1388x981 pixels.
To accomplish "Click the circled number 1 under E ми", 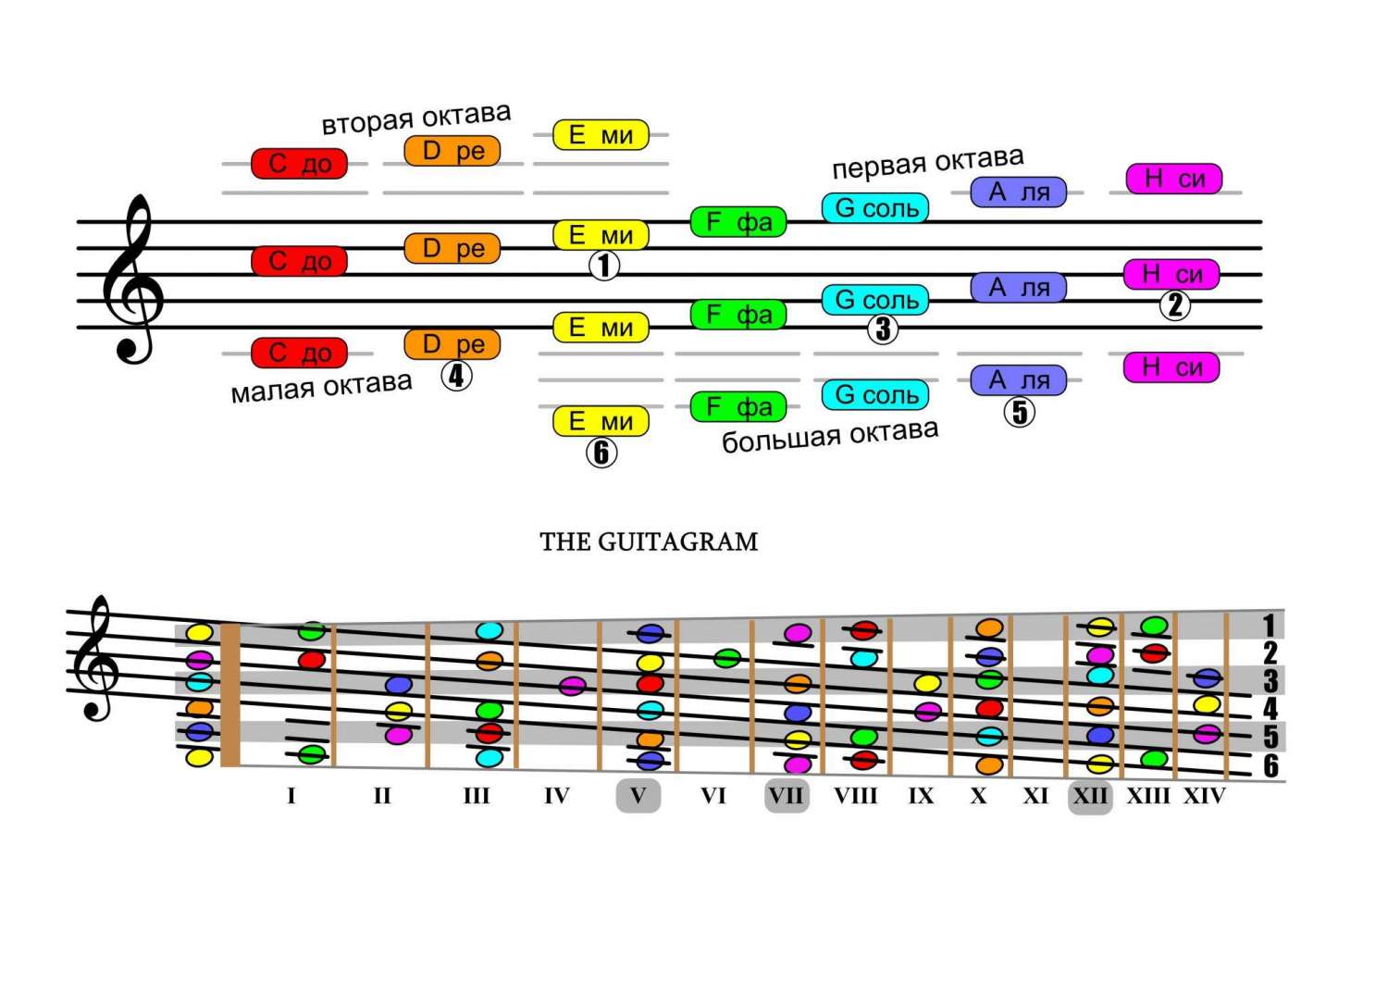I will pyautogui.click(x=604, y=267).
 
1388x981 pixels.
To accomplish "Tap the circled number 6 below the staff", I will pyautogui.click(x=601, y=453).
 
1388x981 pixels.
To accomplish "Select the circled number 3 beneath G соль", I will pyautogui.click(x=883, y=329).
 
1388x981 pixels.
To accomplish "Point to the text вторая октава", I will pyautogui.click(x=415, y=118).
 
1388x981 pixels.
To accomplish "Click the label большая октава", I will pyautogui.click(x=830, y=435).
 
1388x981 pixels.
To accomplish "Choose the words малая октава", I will pyautogui.click(x=321, y=387).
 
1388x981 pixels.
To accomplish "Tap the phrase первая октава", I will pyautogui.click(x=927, y=163).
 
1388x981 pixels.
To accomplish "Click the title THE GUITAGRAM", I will pyautogui.click(x=649, y=541).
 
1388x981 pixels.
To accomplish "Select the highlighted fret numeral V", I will pyautogui.click(x=638, y=796).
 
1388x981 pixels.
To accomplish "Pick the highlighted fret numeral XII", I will pyautogui.click(x=1090, y=796).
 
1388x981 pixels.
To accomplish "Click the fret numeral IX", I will pyautogui.click(x=921, y=796).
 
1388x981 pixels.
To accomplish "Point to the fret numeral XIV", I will pyautogui.click(x=1204, y=796).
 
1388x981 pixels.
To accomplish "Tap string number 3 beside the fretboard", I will pyautogui.click(x=1270, y=681).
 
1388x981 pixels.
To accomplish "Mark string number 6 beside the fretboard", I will pyautogui.click(x=1271, y=766).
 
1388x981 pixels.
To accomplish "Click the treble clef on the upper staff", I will pyautogui.click(x=133, y=279).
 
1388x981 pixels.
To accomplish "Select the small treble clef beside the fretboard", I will pyautogui.click(x=98, y=659).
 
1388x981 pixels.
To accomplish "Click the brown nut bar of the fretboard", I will pyautogui.click(x=229, y=695).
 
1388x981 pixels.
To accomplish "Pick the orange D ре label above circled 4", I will pyautogui.click(x=452, y=344).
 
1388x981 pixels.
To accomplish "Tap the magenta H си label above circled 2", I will pyautogui.click(x=1171, y=274).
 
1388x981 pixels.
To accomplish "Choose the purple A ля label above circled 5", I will pyautogui.click(x=1019, y=379).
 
